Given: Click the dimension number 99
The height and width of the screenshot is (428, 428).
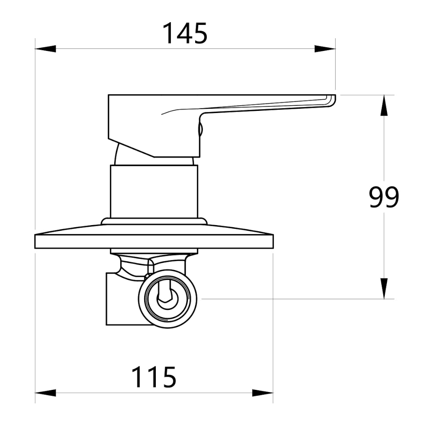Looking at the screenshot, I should tap(384, 197).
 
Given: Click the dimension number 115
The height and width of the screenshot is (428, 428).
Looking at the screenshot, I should tap(154, 377).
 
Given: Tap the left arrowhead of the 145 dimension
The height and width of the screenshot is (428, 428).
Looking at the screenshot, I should tap(45, 49).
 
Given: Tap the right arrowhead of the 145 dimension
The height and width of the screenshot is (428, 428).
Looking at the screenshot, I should tap(325, 49).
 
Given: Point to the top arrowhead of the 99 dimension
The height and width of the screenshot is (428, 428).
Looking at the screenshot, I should tap(384, 105).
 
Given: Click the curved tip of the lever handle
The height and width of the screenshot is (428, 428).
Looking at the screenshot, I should tap(332, 101).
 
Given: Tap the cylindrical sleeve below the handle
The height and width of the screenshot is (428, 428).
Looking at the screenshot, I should tap(154, 191).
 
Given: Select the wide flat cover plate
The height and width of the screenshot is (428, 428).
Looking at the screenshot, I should tap(154, 241).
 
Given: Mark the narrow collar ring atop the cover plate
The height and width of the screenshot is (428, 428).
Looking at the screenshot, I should tap(154, 221).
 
